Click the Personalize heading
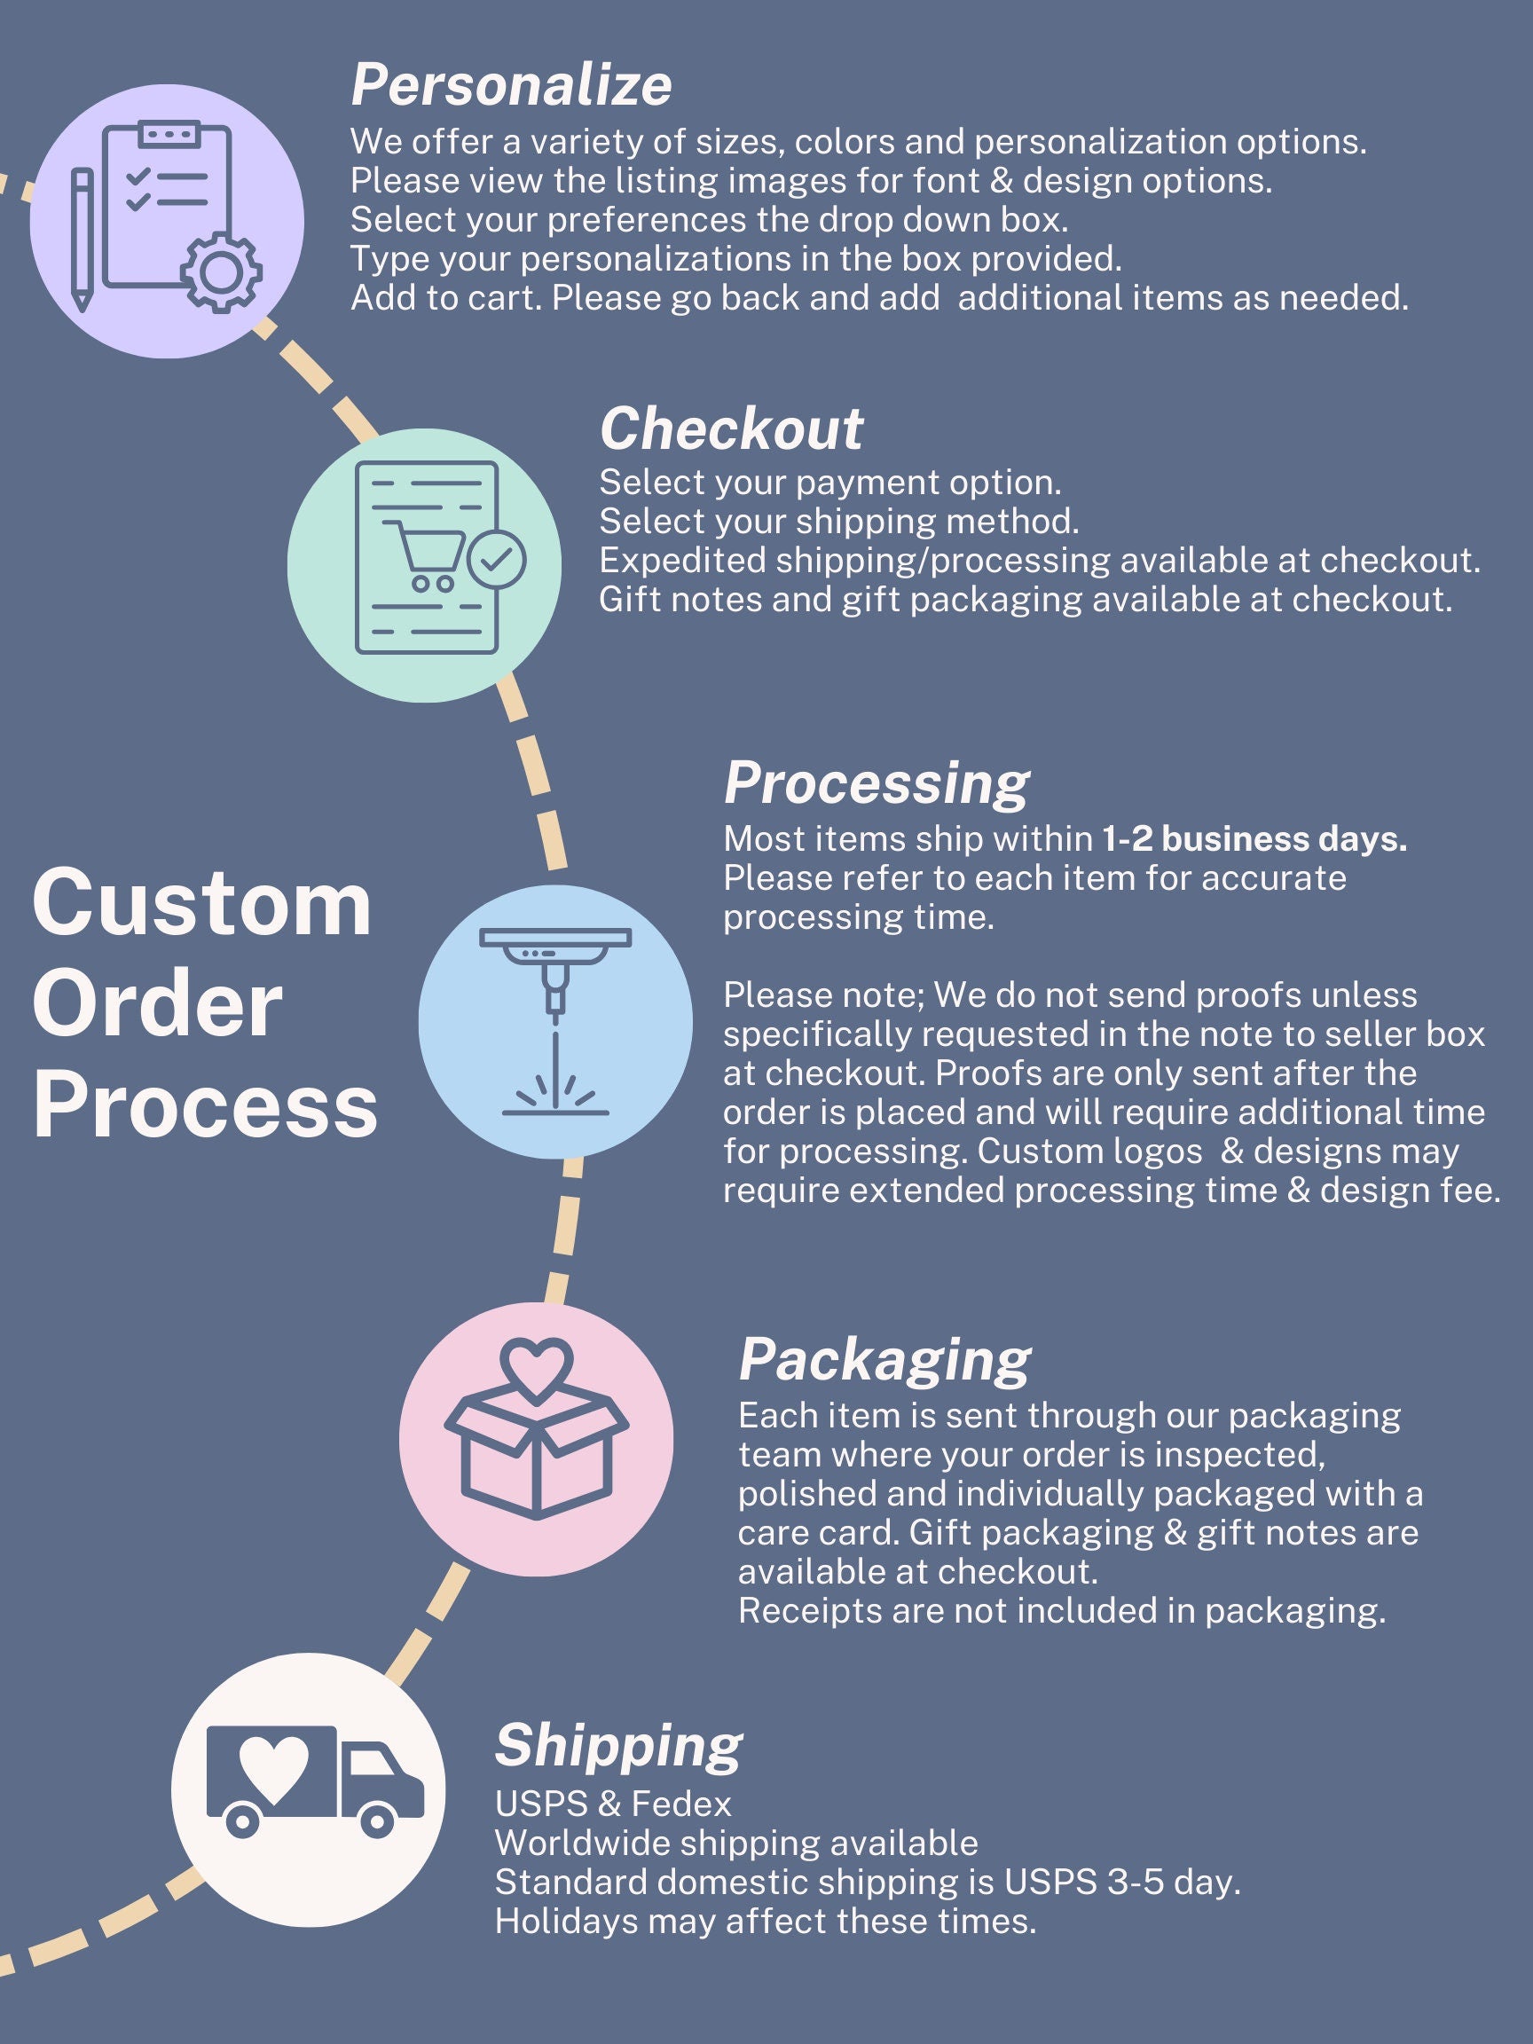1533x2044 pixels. click(511, 85)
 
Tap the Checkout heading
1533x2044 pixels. click(731, 428)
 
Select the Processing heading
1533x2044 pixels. click(876, 784)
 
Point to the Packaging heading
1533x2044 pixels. click(884, 1361)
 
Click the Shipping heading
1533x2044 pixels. click(618, 1747)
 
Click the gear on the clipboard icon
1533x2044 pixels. click(222, 271)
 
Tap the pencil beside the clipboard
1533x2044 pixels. click(83, 240)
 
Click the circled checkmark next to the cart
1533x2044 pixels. click(497, 559)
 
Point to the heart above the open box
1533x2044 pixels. click(537, 1368)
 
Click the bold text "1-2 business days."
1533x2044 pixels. click(1254, 839)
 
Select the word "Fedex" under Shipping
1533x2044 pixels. click(681, 1804)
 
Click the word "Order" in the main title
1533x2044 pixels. click(158, 1005)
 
